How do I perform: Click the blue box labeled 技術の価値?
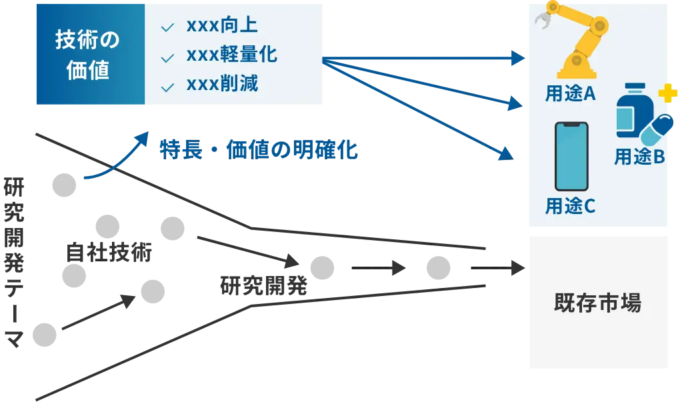point(89,53)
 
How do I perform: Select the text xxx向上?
point(222,26)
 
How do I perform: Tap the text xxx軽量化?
point(231,55)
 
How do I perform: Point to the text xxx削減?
point(222,85)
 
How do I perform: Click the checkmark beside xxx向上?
point(168,27)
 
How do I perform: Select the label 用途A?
point(570,94)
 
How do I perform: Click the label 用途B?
point(639,157)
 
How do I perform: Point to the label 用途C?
point(570,207)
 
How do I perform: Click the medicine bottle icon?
point(630,111)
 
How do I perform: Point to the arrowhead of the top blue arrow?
point(516,59)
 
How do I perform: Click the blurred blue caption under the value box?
point(260,151)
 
